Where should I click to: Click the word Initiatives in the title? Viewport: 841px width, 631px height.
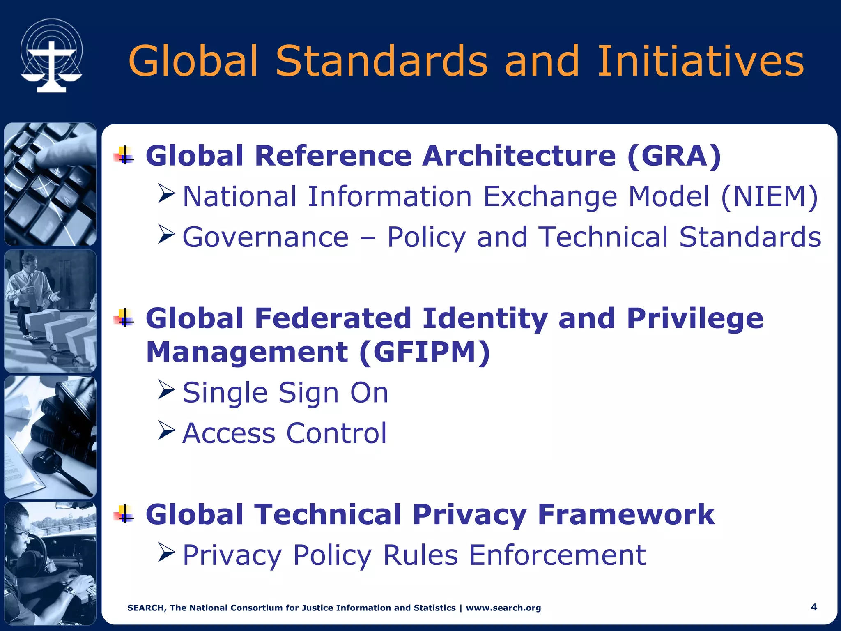pos(700,61)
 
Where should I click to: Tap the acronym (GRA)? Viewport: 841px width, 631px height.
pos(674,156)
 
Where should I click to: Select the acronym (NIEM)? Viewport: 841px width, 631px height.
pos(770,196)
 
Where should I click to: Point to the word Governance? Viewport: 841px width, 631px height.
pos(265,237)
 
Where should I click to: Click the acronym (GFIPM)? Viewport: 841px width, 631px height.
pos(424,352)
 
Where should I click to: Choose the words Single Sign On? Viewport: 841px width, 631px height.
pos(285,393)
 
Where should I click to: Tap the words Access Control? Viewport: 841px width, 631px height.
pos(285,433)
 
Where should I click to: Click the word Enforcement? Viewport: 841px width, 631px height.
pos(557,555)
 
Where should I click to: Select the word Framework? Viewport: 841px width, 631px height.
pos(626,515)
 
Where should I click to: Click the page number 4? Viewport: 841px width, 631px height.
pos(814,607)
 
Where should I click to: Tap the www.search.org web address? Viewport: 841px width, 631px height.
pos(503,608)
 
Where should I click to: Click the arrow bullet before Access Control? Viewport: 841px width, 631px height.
pos(166,430)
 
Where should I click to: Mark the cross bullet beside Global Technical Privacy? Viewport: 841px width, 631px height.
pos(124,514)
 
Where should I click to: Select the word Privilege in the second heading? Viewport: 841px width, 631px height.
pos(694,319)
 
